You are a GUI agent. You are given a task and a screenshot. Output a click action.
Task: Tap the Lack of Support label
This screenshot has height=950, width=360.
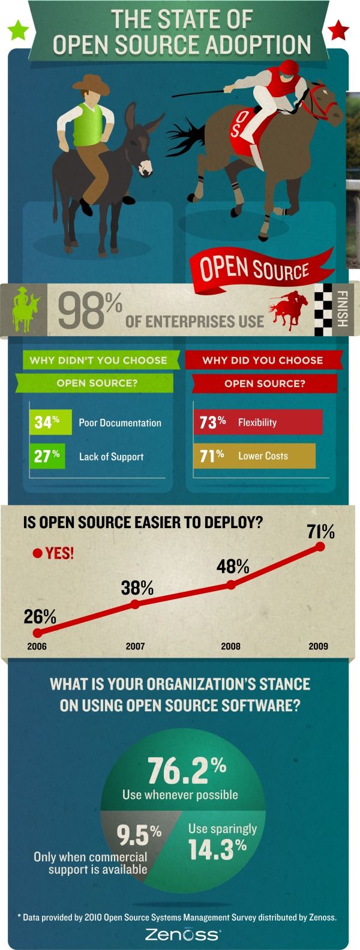click(x=111, y=457)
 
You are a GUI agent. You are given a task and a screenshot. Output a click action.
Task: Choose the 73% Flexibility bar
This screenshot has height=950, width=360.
click(x=257, y=422)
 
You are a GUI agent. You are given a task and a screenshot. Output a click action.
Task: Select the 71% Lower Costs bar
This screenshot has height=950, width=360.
click(x=254, y=456)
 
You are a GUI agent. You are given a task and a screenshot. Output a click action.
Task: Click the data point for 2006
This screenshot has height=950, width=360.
click(x=38, y=633)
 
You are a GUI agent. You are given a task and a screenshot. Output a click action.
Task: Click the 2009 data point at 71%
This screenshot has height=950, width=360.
click(x=320, y=547)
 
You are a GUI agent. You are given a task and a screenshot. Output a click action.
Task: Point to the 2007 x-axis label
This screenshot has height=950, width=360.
click(x=135, y=646)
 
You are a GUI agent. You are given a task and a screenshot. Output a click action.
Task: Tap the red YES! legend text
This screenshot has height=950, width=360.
click(x=59, y=553)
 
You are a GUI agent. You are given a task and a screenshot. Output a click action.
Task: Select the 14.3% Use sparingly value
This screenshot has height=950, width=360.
click(x=217, y=848)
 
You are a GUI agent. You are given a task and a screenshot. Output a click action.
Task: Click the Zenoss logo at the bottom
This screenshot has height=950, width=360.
click(x=182, y=934)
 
